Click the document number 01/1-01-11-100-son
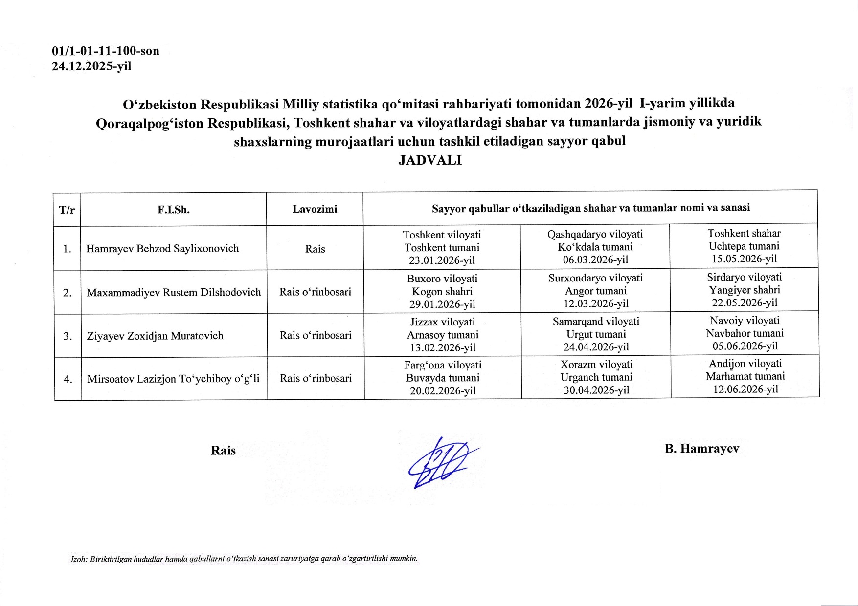(106, 51)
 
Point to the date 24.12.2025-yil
(91, 66)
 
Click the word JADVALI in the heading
(429, 160)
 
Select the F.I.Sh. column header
(173, 210)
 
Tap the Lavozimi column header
(315, 209)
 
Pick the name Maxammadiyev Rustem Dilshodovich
(174, 292)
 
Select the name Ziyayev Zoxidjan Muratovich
(155, 336)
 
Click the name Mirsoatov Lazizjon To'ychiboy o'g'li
(173, 379)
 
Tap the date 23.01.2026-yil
(442, 260)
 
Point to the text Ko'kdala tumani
(595, 247)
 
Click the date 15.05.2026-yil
(744, 259)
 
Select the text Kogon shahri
(442, 292)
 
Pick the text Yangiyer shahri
(745, 290)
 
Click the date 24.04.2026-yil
(596, 347)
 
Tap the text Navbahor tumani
(745, 333)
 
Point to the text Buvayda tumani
(442, 378)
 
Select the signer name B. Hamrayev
(701, 449)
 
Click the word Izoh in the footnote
(78, 559)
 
